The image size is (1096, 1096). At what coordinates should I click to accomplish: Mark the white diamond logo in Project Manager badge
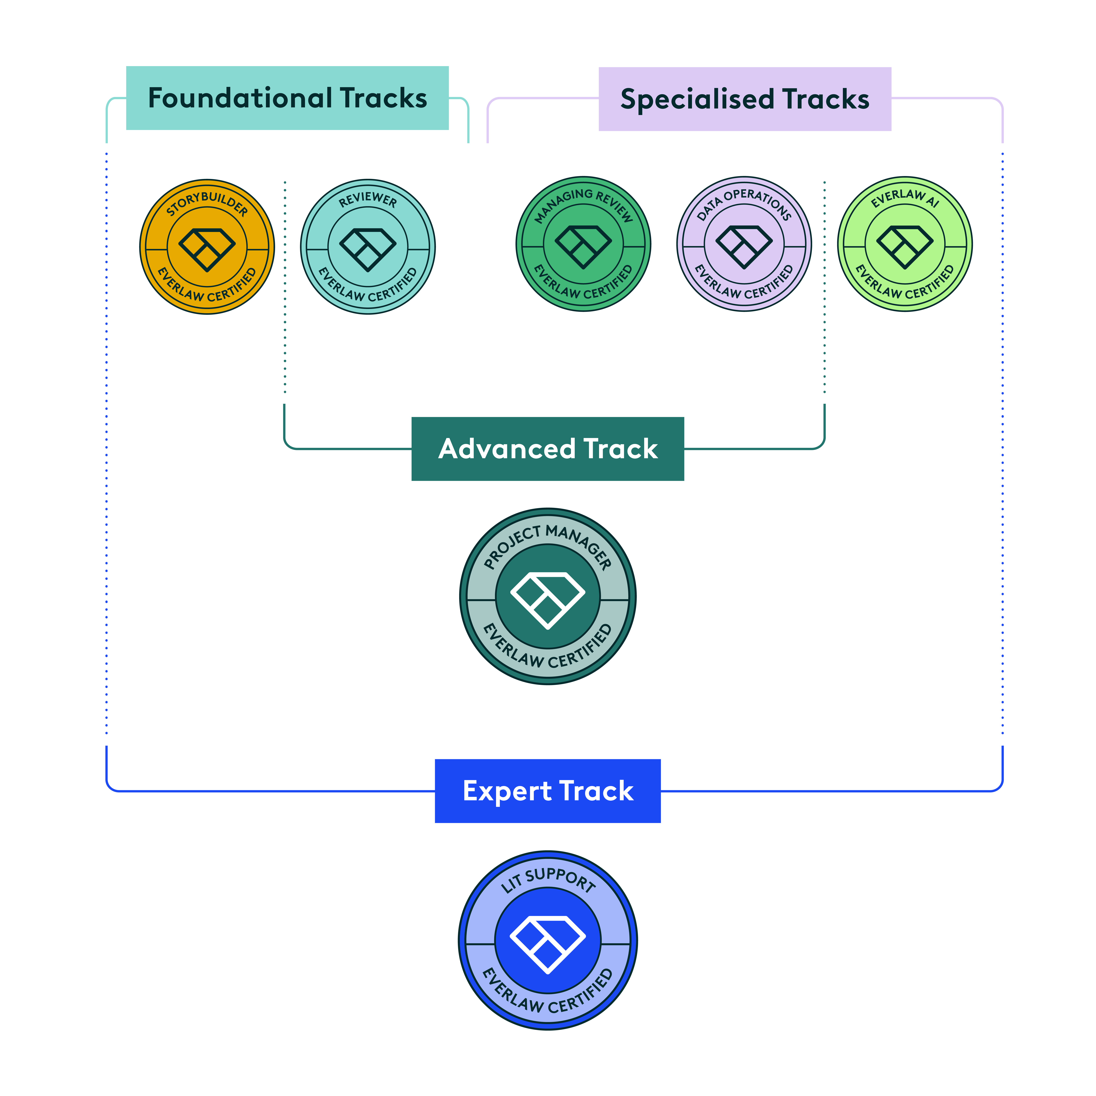coord(547,600)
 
